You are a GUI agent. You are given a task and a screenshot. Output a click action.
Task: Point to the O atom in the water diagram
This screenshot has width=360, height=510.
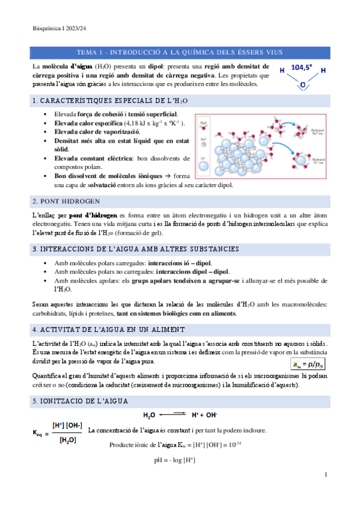point(302,85)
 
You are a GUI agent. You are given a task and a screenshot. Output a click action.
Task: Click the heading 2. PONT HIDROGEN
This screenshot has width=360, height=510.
point(67,200)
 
